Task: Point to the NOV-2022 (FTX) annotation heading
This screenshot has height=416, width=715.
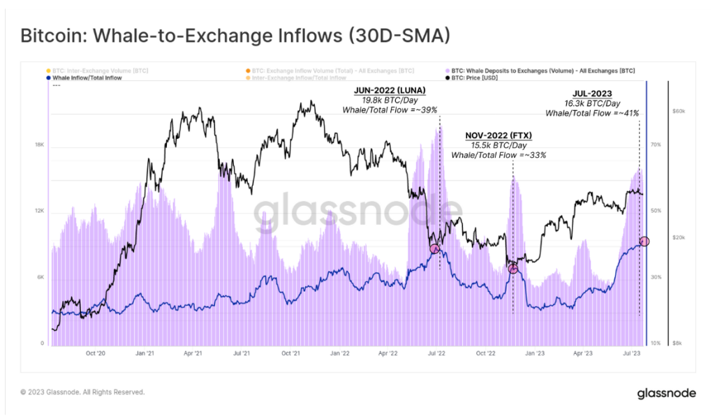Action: click(498, 135)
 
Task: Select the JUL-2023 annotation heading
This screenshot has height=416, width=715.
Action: click(591, 93)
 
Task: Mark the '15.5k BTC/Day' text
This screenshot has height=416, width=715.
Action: click(498, 145)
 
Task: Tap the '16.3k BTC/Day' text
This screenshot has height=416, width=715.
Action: click(591, 103)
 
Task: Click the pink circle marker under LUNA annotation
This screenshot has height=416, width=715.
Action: click(435, 248)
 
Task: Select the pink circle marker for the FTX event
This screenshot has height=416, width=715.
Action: click(513, 269)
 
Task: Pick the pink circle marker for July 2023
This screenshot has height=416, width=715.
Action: click(644, 242)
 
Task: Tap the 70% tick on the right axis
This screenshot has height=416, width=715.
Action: click(656, 144)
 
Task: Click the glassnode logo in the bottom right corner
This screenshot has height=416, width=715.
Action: click(666, 394)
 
